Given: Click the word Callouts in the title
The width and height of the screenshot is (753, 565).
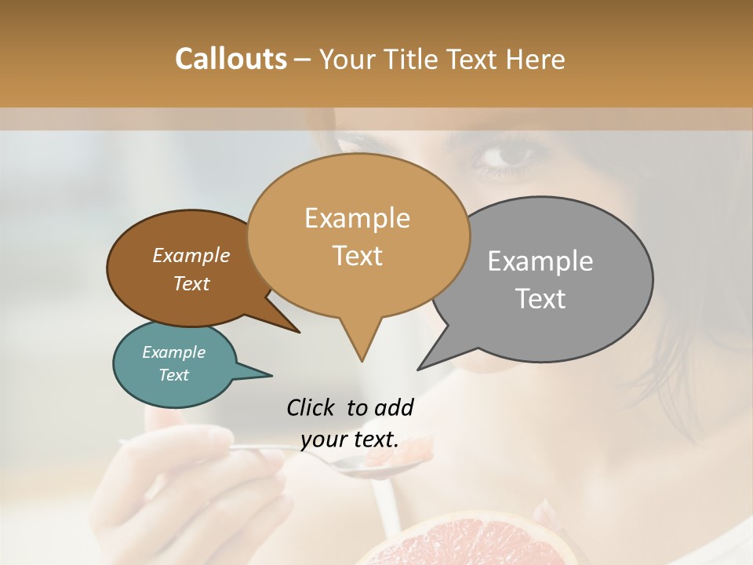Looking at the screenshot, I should click(231, 59).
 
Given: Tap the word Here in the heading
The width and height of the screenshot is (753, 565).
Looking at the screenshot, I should click(537, 59).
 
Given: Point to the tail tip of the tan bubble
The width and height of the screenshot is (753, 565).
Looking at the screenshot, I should click(362, 360).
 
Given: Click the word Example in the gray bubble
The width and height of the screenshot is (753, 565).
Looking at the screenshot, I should click(540, 261).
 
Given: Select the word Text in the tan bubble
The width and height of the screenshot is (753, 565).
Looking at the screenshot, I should click(358, 256).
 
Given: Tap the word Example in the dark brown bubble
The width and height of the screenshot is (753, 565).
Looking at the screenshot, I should click(191, 256).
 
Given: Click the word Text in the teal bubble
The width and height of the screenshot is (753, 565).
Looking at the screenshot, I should click(173, 375).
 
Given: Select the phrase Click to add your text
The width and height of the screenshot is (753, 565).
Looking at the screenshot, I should click(350, 423).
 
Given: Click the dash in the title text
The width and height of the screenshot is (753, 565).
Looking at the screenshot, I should click(304, 59).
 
